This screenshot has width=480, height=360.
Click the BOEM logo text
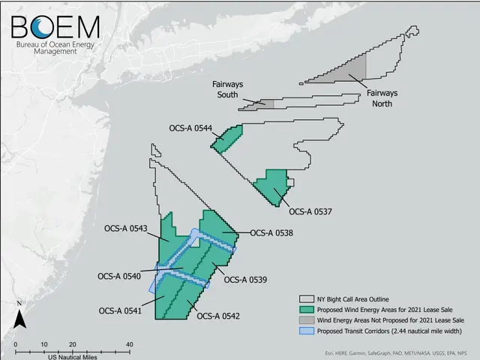click(x=55, y=28)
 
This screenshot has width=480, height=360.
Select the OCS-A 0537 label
click(x=311, y=211)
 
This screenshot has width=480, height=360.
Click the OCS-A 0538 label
click(x=272, y=232)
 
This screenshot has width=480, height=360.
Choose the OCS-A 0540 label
click(x=121, y=276)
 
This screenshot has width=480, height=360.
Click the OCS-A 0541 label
click(x=122, y=310)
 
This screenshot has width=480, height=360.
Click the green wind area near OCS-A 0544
click(x=227, y=139)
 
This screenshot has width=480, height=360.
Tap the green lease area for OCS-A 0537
click(x=274, y=185)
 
